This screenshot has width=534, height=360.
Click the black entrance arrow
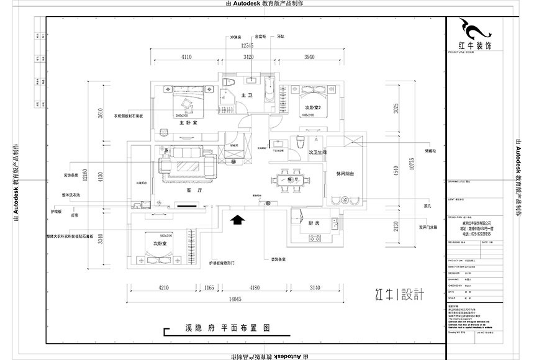237,218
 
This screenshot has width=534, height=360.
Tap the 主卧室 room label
188,123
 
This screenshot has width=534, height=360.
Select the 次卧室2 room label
311,108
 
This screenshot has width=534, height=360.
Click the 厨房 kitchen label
313,223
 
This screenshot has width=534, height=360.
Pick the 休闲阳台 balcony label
345,174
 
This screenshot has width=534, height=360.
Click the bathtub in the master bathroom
269,92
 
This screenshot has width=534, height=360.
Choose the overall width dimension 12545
248,46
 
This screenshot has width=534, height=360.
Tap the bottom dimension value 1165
208,288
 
